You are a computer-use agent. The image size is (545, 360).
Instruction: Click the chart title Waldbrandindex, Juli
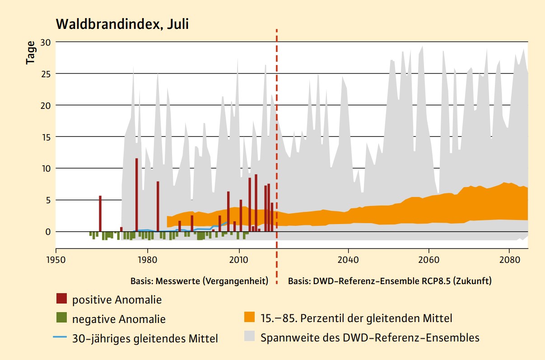(122, 24)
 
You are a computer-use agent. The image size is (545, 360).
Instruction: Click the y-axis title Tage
(31, 52)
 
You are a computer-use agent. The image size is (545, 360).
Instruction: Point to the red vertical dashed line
(276, 136)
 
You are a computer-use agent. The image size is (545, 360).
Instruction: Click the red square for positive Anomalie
(61, 299)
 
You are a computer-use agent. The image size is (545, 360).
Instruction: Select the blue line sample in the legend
(61, 337)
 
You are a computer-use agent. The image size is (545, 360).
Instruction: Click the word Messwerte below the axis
(178, 281)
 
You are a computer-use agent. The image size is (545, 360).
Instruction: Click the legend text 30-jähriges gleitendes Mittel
(145, 338)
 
